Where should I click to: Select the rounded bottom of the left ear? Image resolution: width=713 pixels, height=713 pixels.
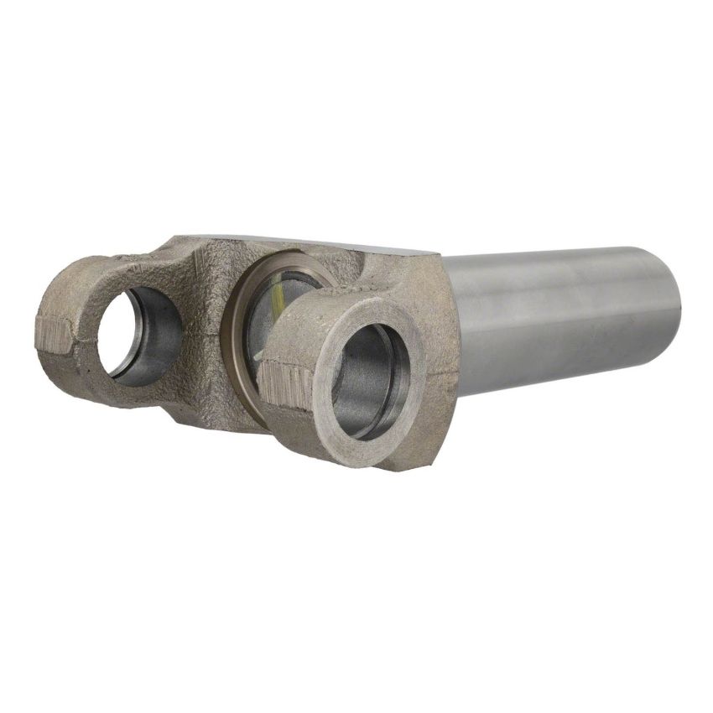pyautogui.click(x=101, y=394)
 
